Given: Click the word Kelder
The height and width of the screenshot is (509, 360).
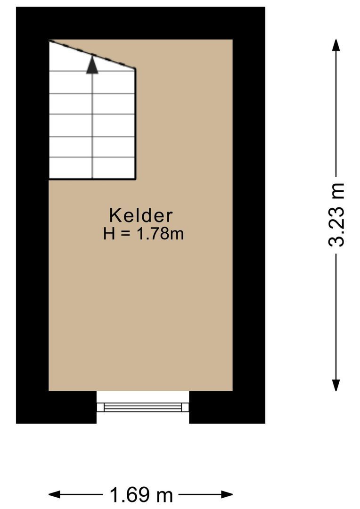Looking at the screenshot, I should tap(141, 215).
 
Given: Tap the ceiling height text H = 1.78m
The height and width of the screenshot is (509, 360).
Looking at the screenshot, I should tap(143, 234).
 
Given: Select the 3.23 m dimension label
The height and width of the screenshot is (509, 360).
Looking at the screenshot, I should tap(337, 214).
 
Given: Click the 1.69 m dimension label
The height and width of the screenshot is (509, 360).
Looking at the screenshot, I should tap(141, 495).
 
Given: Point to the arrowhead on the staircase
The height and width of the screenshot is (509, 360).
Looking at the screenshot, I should tap(92, 65).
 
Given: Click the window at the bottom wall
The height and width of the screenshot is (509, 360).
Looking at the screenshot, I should tap(143, 406).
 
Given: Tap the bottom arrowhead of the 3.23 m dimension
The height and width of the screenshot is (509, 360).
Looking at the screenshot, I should tap(336, 385).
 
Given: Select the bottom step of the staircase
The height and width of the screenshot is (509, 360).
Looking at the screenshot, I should tap(92, 169).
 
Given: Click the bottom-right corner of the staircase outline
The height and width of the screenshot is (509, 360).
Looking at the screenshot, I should tap(136, 179).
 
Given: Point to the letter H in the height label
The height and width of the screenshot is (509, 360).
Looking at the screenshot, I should tap(109, 234).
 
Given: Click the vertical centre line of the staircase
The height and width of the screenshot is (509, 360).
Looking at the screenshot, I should tap(92, 123).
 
